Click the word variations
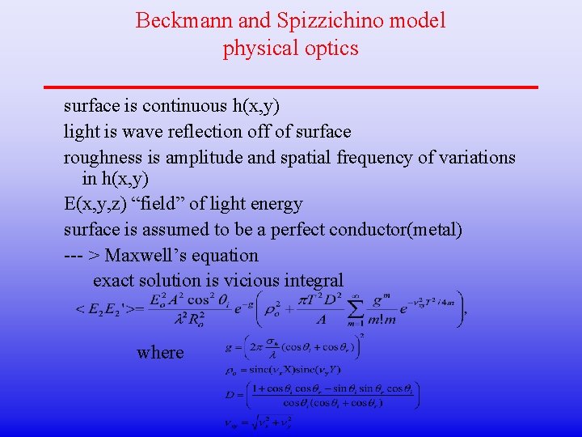[x=475, y=157]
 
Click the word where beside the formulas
[x=160, y=352]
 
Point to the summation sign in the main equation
[x=352, y=308]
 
